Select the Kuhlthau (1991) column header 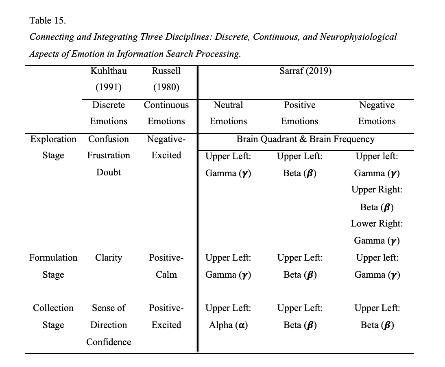pos(109,79)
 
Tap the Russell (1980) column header pos(166,79)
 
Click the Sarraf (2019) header pos(305,71)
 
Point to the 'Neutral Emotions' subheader pos(228,113)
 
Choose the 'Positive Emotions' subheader pos(300,113)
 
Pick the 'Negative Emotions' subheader pos(377,113)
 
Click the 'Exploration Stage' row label pos(53,147)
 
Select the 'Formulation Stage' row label pos(53,266)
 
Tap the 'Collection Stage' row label pos(53,316)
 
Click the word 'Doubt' pos(109,173)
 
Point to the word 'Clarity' pos(109,258)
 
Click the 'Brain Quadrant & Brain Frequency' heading pos(305,139)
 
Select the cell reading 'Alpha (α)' pos(228,325)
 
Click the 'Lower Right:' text pos(377,224)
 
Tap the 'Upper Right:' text pos(377,190)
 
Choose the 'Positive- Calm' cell pos(166,266)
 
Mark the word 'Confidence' pos(109,342)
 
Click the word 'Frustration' pos(109,155)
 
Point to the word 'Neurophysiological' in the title pos(358,37)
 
